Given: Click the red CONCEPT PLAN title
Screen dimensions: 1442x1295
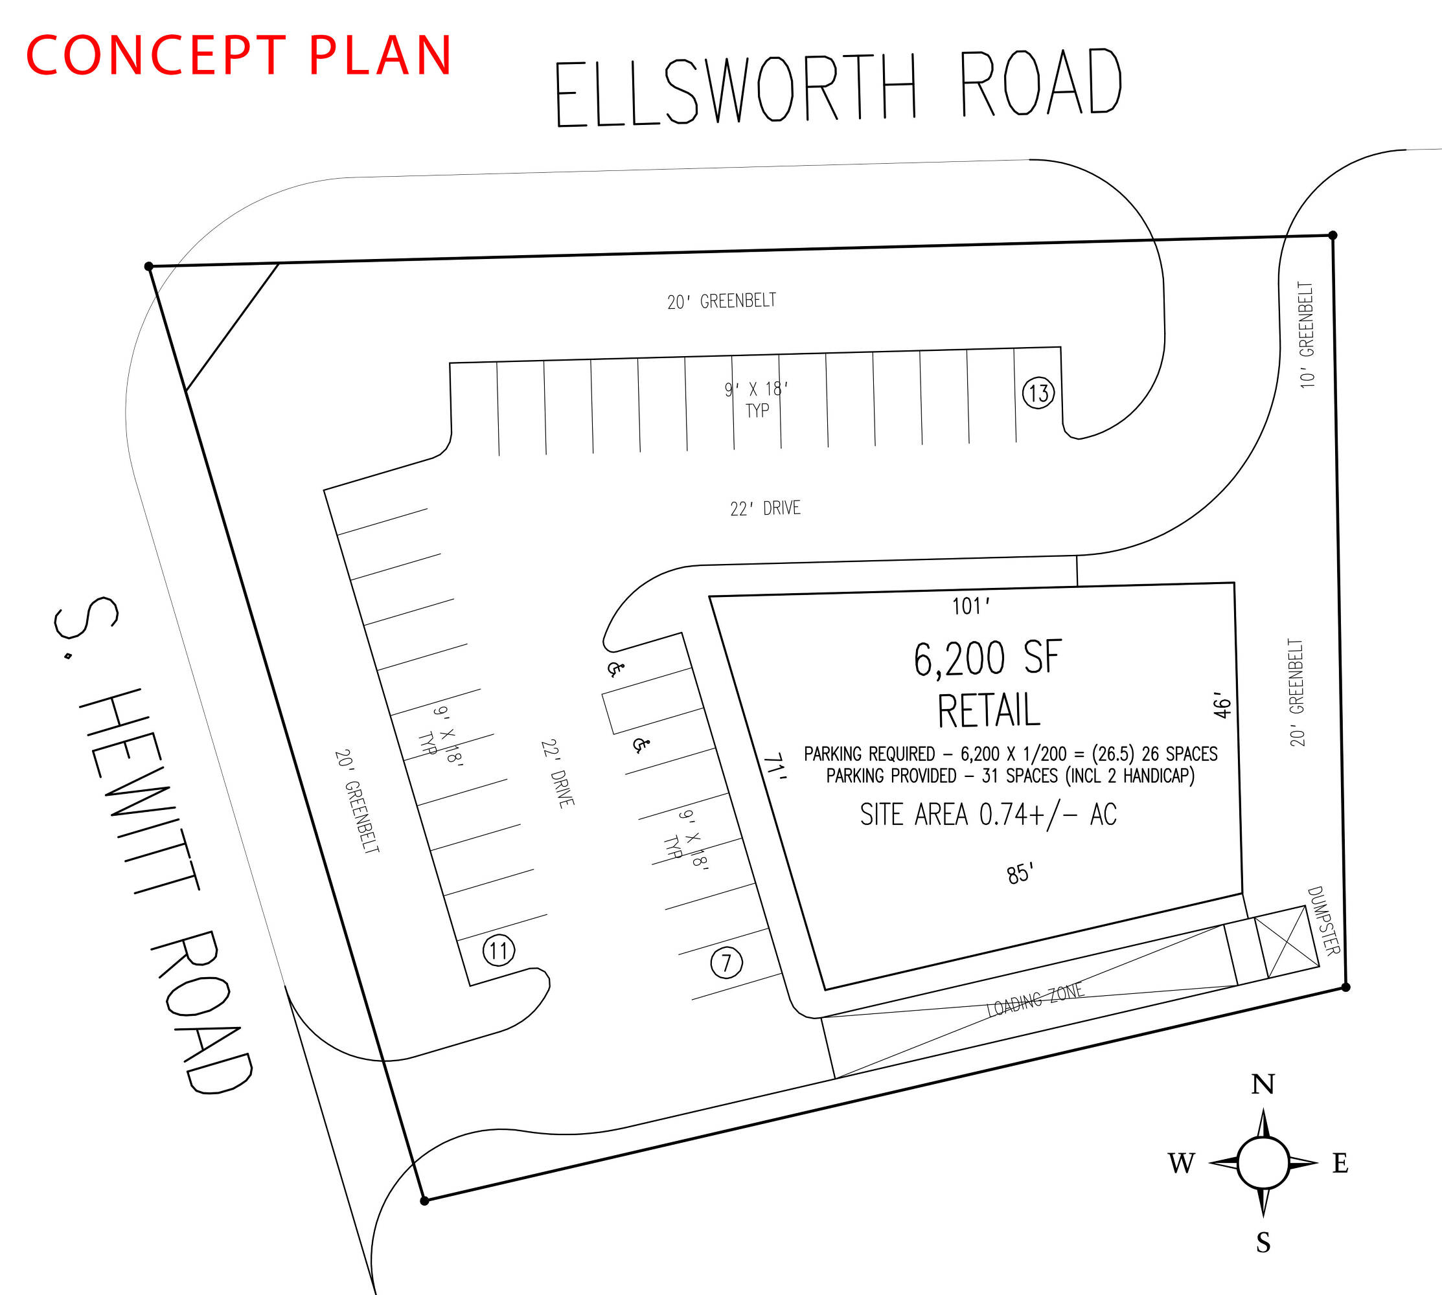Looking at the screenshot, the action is tap(239, 55).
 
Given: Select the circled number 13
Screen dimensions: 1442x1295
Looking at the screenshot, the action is tap(1038, 393).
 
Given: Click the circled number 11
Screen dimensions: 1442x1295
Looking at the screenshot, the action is tap(499, 951).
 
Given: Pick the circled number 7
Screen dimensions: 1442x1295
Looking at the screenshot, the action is tap(727, 963).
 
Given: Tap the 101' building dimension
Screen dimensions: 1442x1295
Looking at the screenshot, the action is tap(971, 605).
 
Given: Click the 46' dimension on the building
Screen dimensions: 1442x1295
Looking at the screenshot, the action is tap(1221, 704).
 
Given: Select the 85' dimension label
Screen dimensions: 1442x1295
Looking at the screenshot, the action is tap(1020, 873).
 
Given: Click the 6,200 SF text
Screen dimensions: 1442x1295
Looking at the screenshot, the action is tap(988, 658).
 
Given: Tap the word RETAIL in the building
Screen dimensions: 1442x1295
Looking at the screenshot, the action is tap(989, 710).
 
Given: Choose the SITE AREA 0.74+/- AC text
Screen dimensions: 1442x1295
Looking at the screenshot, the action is tap(988, 815).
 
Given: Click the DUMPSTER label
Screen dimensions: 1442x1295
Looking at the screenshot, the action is tap(1324, 920).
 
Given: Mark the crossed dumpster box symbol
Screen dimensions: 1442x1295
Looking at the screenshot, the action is tap(1287, 941).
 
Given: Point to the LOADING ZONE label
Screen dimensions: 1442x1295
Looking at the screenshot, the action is tap(1035, 1000).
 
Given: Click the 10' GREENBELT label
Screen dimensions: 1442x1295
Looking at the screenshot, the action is tap(1307, 334).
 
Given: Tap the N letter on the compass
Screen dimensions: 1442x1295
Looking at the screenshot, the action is tap(1263, 1085).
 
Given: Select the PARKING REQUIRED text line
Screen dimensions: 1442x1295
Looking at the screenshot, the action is tap(1011, 754).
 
